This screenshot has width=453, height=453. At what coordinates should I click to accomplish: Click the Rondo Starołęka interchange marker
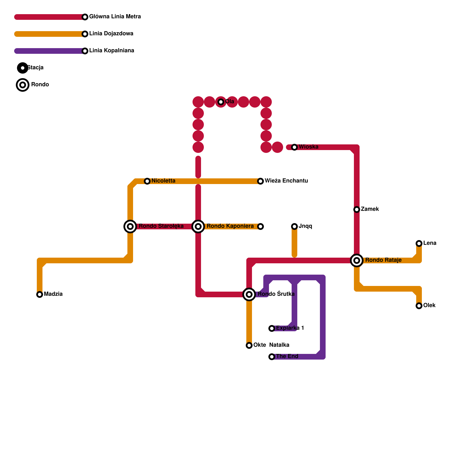click(x=130, y=226)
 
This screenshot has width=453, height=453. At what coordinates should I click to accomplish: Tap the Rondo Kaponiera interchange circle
click(x=198, y=226)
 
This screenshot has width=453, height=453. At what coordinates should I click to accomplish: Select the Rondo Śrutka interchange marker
click(x=249, y=294)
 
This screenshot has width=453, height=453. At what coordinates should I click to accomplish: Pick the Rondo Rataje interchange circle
click(x=357, y=260)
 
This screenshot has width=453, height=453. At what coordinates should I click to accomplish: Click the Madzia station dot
click(x=40, y=294)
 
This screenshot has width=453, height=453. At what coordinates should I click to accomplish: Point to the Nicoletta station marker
click(x=147, y=181)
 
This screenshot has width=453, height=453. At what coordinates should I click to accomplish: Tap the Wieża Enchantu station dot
click(x=260, y=181)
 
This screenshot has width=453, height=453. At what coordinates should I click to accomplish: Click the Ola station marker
click(x=221, y=102)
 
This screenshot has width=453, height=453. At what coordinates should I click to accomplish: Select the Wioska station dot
click(x=294, y=147)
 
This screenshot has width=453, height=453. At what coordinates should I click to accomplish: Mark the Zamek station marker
click(x=357, y=210)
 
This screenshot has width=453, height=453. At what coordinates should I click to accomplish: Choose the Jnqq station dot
click(x=294, y=226)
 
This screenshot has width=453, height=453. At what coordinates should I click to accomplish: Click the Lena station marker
click(x=419, y=243)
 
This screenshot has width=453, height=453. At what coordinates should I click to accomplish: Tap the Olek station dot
click(x=419, y=306)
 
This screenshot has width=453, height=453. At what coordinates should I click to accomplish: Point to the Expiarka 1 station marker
click(x=272, y=328)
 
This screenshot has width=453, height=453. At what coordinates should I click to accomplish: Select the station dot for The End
click(x=272, y=357)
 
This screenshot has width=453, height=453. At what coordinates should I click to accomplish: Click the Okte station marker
click(x=249, y=345)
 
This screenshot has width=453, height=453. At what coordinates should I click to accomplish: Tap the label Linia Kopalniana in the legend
click(x=112, y=51)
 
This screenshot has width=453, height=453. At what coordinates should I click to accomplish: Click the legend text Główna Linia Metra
click(x=115, y=17)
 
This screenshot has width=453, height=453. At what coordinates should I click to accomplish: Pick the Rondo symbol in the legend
click(x=23, y=85)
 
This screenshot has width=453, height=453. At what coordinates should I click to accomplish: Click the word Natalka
click(x=279, y=345)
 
